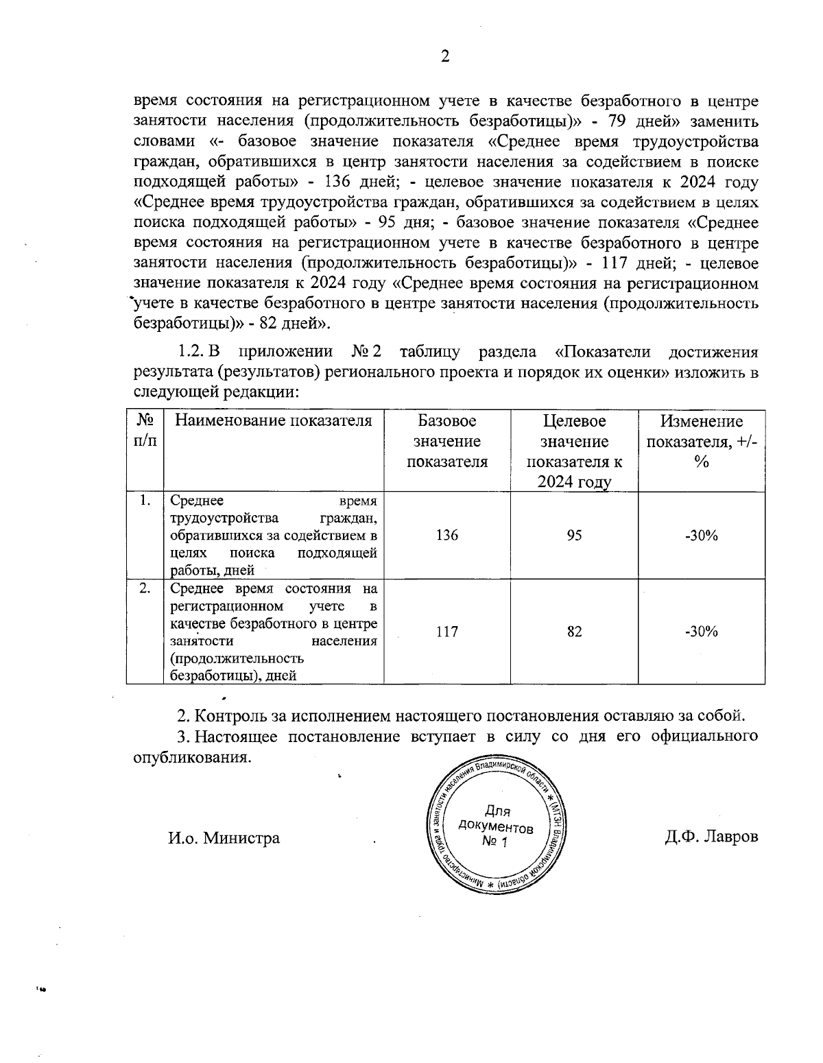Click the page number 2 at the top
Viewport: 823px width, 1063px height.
coord(444,57)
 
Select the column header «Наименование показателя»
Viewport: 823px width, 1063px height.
coord(273,421)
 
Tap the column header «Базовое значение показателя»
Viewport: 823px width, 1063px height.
coord(446,441)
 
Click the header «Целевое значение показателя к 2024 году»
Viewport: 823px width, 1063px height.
coord(574,451)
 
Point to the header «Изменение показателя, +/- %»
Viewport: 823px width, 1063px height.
coord(701,441)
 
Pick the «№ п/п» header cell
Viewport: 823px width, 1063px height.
coord(144,430)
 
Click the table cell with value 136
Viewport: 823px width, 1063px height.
coord(446,536)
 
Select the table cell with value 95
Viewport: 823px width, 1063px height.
coord(574,536)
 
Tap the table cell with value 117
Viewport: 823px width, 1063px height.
coord(446,632)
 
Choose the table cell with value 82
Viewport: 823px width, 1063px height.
coord(574,632)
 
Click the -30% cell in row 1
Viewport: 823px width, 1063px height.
coord(701,536)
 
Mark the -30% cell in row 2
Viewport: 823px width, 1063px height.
coord(701,632)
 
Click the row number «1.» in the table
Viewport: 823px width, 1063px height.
coord(144,501)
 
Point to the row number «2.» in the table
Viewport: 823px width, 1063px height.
coord(144,588)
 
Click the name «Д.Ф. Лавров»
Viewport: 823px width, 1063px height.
coord(711,837)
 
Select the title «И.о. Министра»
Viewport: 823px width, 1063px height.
coord(224,837)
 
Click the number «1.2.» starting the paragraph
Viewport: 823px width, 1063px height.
coord(191,353)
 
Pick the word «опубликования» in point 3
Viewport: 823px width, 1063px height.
coord(189,758)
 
